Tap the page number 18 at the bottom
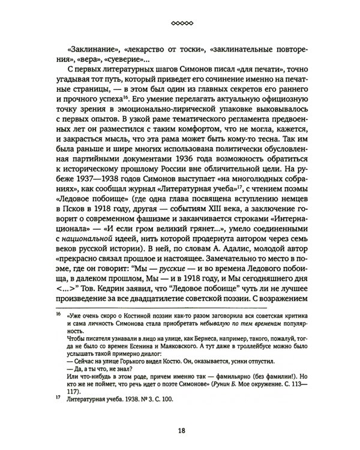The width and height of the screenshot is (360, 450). coord(180,430)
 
